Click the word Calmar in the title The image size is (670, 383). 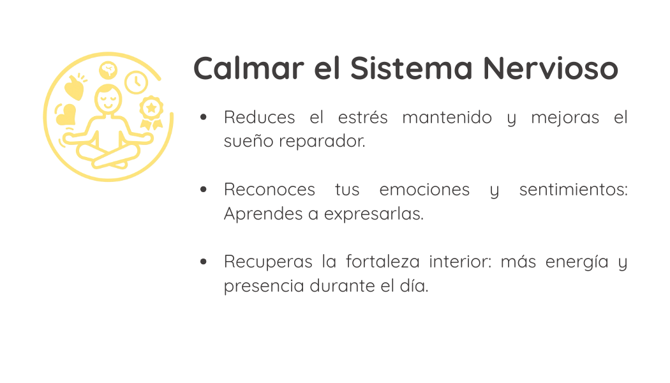(x=249, y=68)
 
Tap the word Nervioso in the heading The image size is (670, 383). (x=550, y=68)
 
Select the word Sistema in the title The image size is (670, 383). (x=411, y=68)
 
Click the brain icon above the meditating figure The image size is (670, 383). (x=108, y=70)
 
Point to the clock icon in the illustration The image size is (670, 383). (x=137, y=82)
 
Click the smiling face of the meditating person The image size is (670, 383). (x=108, y=100)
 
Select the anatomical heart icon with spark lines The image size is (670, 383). (x=75, y=87)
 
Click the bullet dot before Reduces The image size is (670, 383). (x=204, y=117)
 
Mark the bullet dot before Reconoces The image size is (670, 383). (x=204, y=190)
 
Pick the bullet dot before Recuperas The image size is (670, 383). (x=204, y=262)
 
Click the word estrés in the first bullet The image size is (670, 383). (x=363, y=117)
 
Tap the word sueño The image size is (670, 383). (x=249, y=141)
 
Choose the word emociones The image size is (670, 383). (x=424, y=190)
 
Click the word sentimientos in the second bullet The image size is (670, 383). (x=574, y=190)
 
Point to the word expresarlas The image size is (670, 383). (x=374, y=214)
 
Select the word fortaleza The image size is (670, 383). (x=383, y=262)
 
